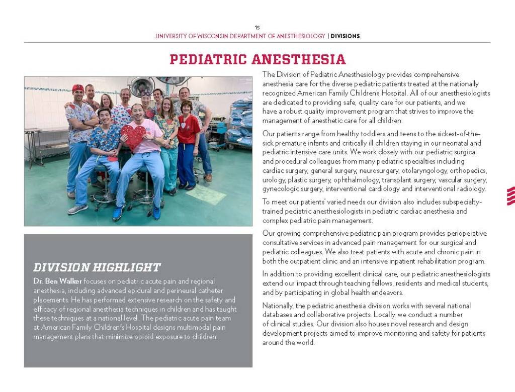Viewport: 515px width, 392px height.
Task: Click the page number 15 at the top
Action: [257, 28]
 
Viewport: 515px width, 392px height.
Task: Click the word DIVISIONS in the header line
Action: [345, 36]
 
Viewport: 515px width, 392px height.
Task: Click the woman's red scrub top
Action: [188, 129]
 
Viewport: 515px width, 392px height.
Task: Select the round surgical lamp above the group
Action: [142, 83]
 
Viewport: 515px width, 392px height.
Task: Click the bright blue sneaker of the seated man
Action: [118, 213]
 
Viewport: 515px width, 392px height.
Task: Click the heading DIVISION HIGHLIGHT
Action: [97, 267]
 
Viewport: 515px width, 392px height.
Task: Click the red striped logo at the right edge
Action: [510, 195]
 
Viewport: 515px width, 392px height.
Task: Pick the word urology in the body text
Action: [273, 180]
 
